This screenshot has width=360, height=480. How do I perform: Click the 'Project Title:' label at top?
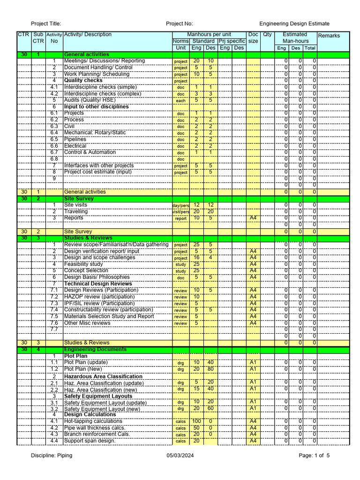[46, 24]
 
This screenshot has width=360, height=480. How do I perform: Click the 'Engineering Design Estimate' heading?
[294, 24]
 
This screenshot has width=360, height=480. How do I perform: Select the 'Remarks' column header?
[329, 36]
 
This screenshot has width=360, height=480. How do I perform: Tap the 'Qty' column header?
[267, 35]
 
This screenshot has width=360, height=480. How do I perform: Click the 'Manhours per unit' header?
[209, 35]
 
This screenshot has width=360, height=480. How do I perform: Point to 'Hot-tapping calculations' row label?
[93, 421]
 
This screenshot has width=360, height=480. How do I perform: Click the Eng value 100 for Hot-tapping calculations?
[196, 421]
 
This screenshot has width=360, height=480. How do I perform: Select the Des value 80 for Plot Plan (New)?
[210, 369]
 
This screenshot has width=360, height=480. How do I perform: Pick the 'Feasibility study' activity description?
[83, 264]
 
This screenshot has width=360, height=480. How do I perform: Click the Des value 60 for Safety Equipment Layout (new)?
[210, 408]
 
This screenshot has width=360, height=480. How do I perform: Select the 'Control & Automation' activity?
[90, 152]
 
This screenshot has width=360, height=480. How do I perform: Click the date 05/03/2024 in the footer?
[180, 456]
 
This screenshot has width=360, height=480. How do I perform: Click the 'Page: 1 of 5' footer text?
[314, 456]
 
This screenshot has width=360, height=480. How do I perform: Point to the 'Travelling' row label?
[76, 211]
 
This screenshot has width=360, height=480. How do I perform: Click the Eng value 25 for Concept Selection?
[196, 270]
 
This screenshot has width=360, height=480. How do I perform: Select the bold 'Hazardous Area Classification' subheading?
[103, 376]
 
